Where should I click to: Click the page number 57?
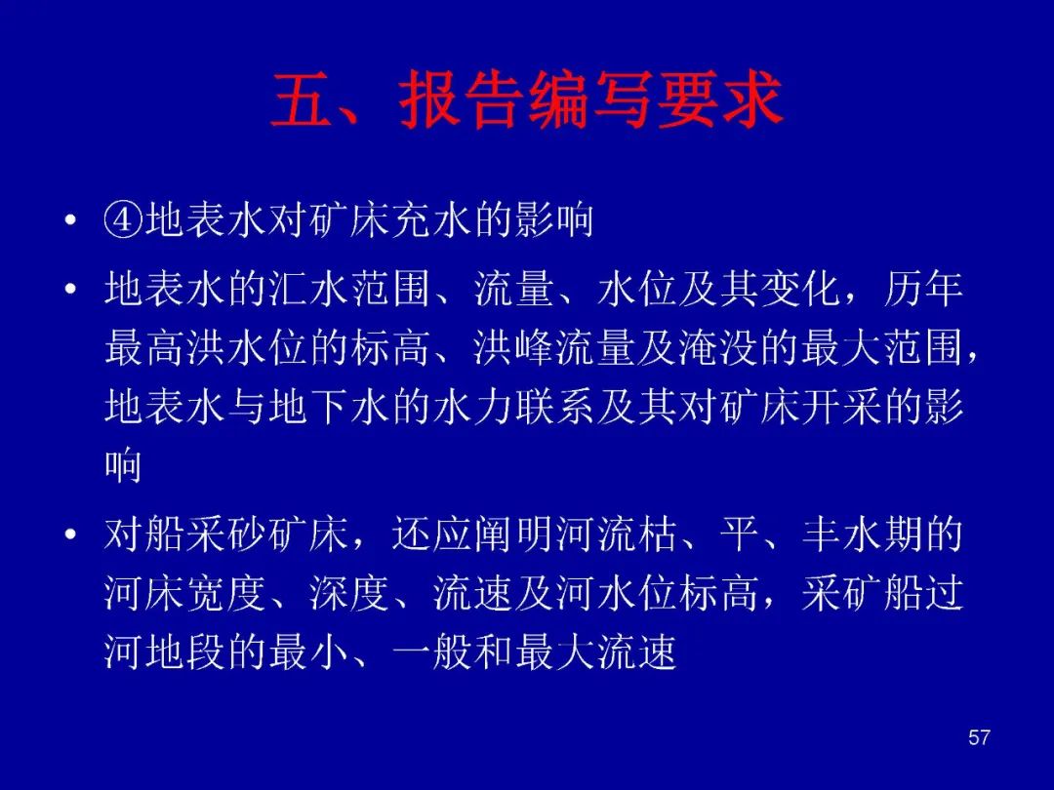(979, 737)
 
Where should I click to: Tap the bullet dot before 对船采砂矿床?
(70, 535)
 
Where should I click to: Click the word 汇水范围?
(350, 290)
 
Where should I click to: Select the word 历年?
(923, 290)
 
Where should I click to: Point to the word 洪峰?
(514, 348)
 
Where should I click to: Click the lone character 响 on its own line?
(123, 465)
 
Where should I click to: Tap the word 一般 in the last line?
(432, 652)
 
